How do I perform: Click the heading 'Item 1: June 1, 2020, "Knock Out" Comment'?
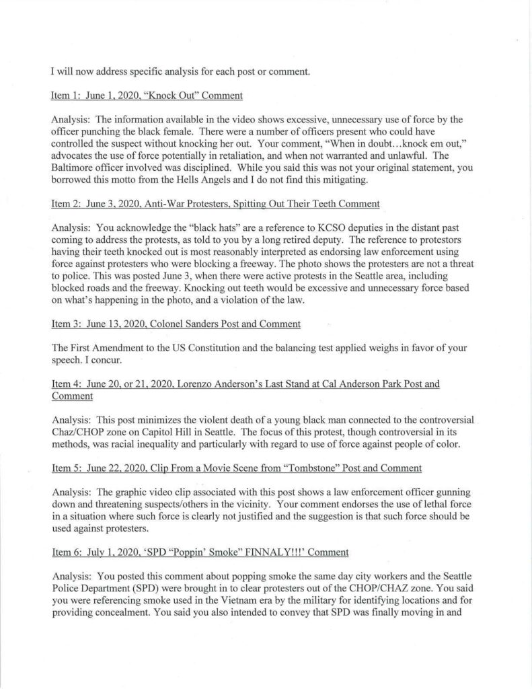(x=147, y=96)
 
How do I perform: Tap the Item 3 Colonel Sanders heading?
(x=176, y=324)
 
